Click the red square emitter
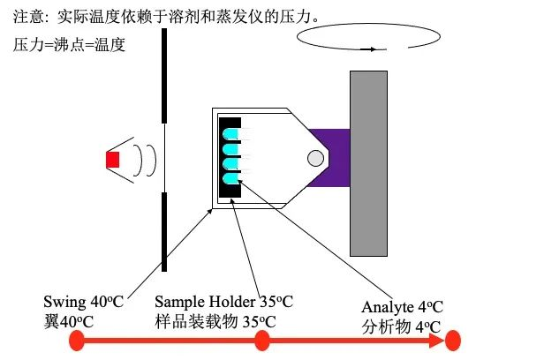coord(112,160)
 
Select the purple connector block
coord(336,158)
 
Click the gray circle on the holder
coord(314,159)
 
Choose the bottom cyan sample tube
coord(231,178)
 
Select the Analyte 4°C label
coord(402,307)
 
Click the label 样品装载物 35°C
coord(215,321)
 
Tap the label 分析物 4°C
coord(402,326)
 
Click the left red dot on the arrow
coord(77,341)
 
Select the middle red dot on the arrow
coord(261,341)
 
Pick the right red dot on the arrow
coord(453,341)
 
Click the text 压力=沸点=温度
coord(70,43)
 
